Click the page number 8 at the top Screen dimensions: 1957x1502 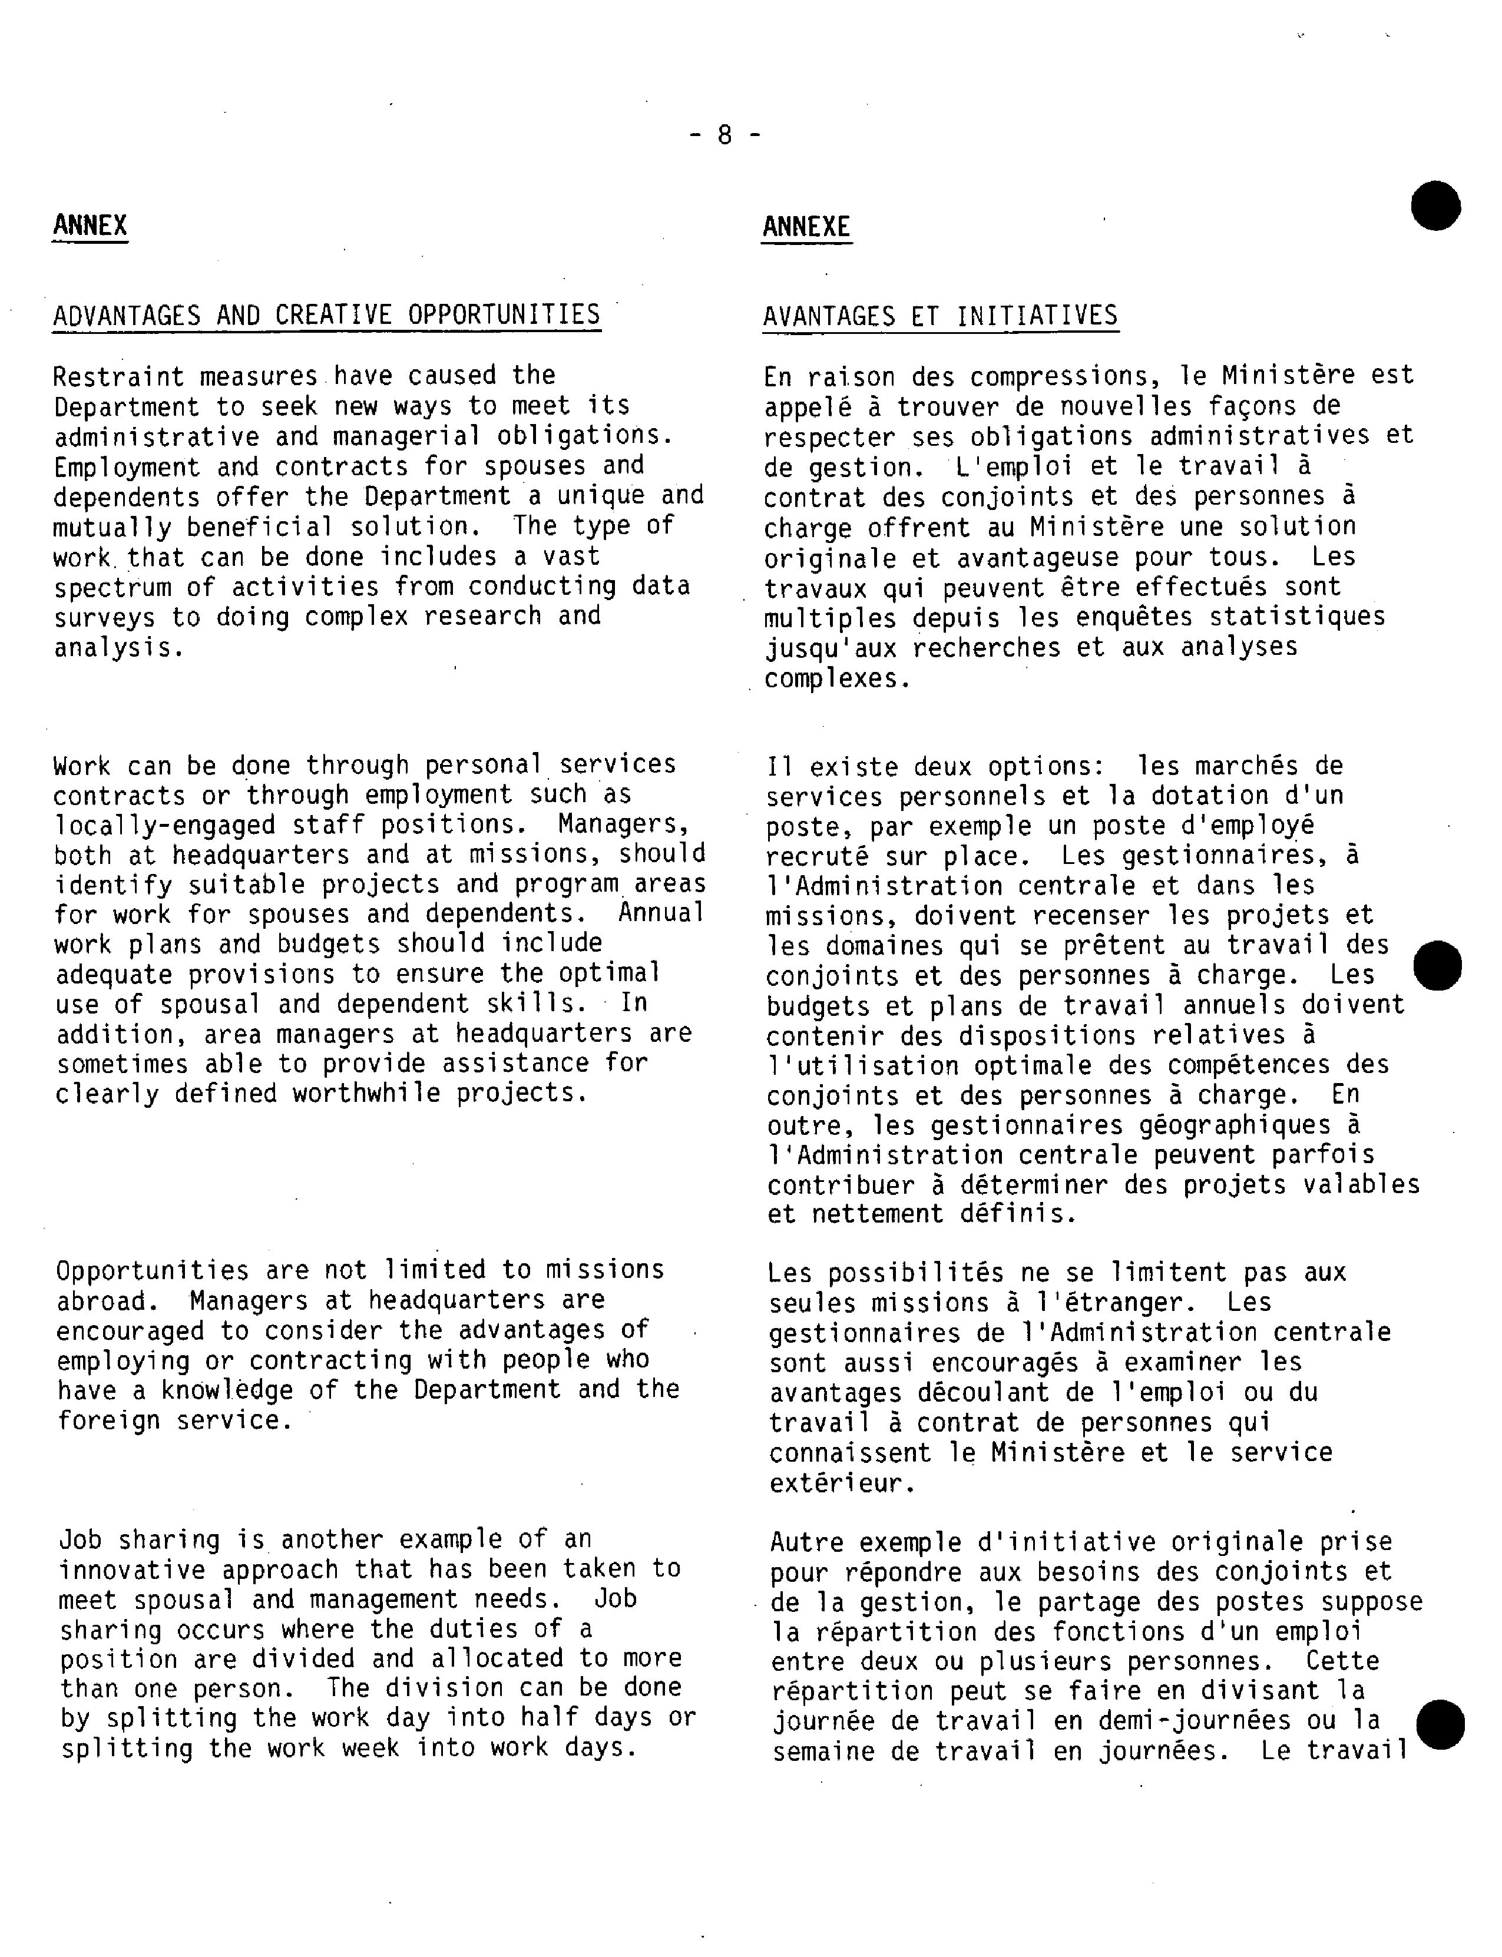pos(724,135)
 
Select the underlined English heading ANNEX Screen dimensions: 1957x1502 pos(90,226)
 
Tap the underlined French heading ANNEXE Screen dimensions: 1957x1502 pos(806,227)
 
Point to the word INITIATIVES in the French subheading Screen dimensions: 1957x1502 pos(1037,316)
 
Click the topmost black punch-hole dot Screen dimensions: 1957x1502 pos(1436,205)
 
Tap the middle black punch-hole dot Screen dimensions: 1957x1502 pos(1438,965)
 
